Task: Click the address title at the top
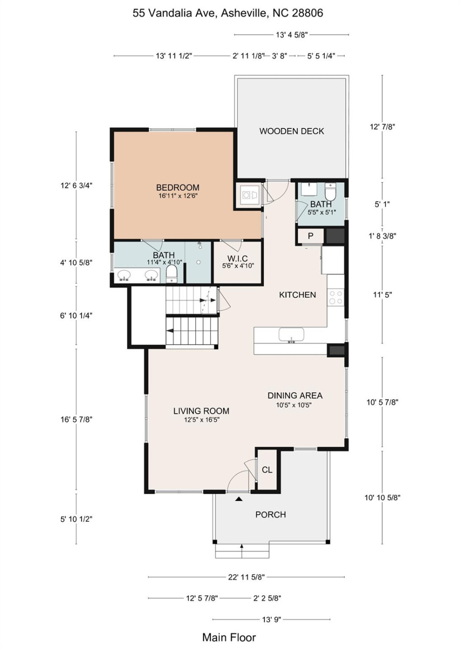228,13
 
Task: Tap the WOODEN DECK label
291,131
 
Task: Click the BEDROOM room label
178,187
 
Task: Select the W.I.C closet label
238,259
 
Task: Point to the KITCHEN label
297,295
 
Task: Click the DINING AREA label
295,395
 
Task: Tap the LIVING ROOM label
201,411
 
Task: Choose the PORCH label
270,515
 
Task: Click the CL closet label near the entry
267,470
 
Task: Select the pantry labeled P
310,236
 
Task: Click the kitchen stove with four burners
336,297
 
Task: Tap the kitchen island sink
291,335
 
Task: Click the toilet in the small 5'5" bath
331,192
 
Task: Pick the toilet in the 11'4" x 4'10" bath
171,274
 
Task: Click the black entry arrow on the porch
239,499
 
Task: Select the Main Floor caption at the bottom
229,637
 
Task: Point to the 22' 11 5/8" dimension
246,577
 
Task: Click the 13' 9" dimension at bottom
271,619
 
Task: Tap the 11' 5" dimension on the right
382,295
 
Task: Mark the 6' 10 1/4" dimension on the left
76,316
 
